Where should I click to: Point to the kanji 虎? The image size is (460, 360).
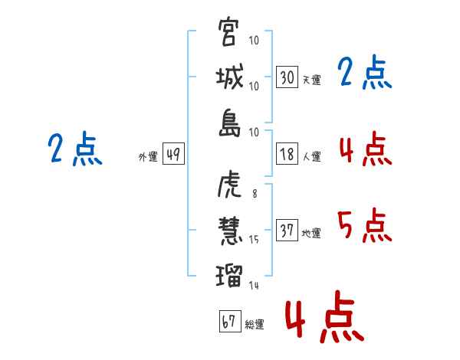[x=229, y=185]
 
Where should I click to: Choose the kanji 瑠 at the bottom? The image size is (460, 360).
[x=229, y=273]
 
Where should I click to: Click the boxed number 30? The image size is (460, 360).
[x=287, y=77]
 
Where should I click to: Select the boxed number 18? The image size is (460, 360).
[x=287, y=153]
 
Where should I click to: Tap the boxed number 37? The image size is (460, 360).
[x=287, y=231]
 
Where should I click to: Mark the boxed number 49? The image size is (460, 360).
[x=172, y=154]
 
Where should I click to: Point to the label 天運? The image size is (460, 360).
[x=311, y=79]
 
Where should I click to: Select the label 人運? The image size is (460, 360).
[x=311, y=156]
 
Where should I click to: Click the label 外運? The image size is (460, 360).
[x=147, y=156]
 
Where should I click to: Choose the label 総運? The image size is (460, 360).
[x=254, y=324]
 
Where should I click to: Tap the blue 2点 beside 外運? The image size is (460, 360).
[x=74, y=149]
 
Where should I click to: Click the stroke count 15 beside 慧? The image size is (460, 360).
[x=255, y=240]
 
